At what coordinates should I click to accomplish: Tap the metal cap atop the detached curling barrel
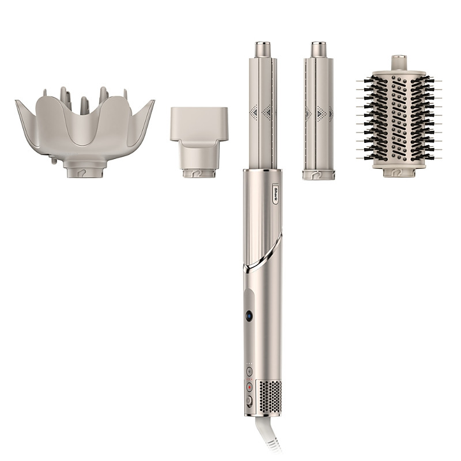click(x=318, y=47)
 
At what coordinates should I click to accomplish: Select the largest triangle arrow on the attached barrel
click(x=265, y=111)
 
